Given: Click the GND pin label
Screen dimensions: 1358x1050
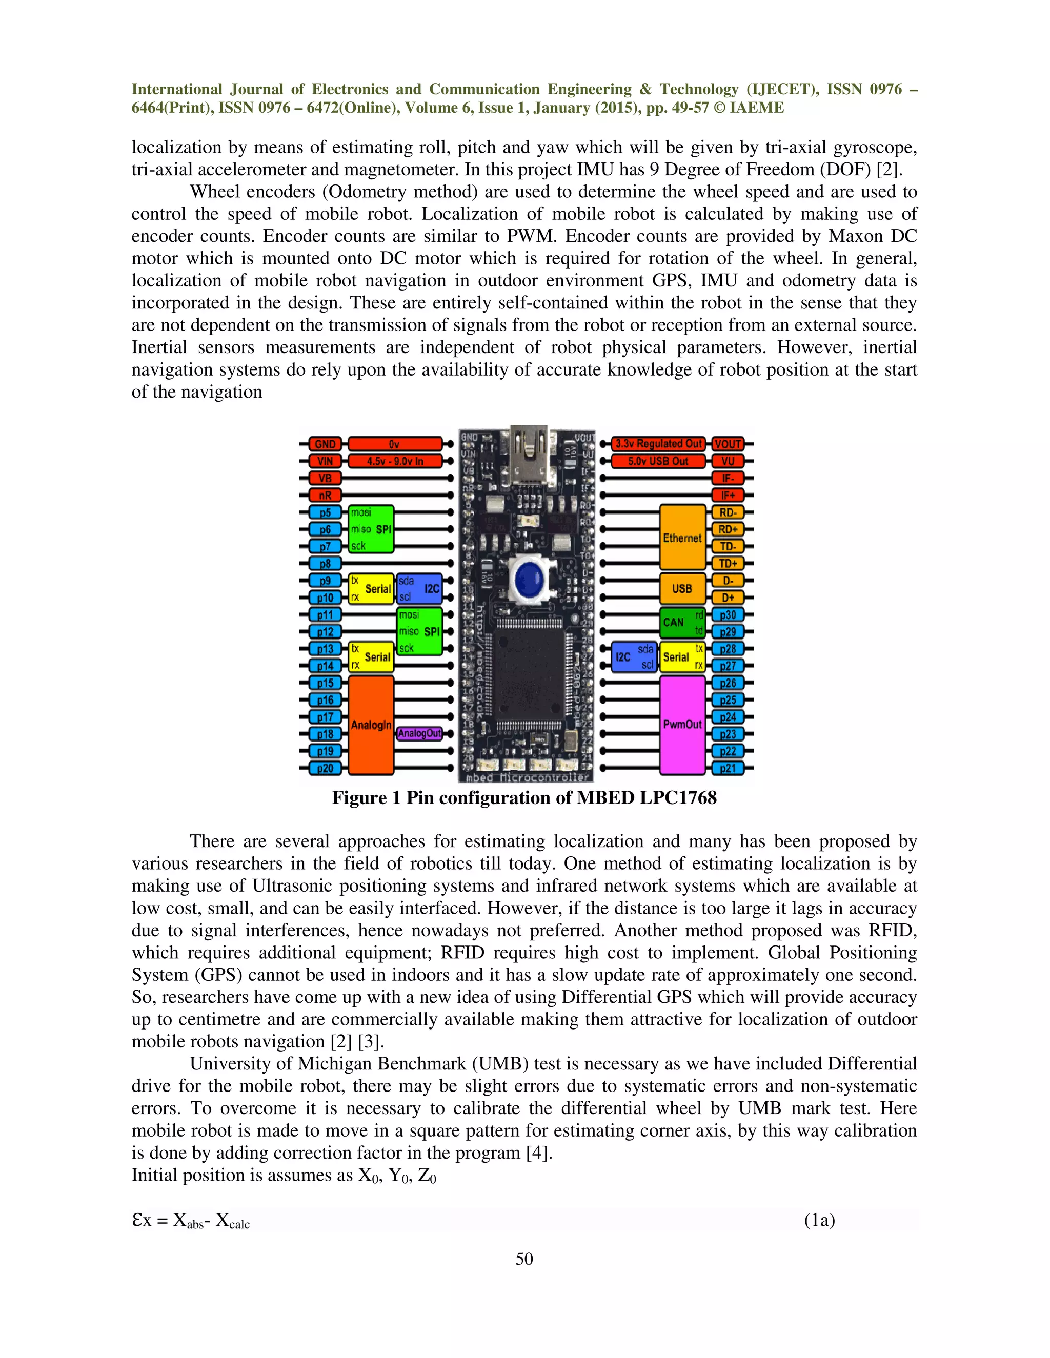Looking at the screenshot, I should (325, 444).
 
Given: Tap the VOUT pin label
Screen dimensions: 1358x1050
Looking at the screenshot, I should (728, 444).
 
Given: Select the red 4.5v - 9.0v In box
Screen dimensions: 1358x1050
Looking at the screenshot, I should (394, 461).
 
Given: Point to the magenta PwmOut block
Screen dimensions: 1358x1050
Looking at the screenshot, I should (682, 725).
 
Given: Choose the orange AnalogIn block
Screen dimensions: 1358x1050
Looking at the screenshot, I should (371, 725).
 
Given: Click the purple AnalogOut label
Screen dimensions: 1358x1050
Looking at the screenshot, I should (419, 734).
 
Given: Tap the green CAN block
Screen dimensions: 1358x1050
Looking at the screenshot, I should (682, 623).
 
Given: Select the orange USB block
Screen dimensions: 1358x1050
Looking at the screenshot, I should (682, 588).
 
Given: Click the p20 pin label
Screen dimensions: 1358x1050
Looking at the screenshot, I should (325, 768).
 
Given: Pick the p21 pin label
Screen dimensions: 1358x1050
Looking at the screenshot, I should (728, 768).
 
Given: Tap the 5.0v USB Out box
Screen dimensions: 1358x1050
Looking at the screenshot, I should (658, 461).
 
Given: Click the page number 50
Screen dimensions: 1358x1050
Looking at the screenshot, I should (524, 1259).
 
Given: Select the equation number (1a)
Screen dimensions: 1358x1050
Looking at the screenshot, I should (819, 1220).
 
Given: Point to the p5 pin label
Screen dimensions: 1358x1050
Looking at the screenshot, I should (325, 512).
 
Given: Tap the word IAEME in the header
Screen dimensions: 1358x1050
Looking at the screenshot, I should (757, 108).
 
